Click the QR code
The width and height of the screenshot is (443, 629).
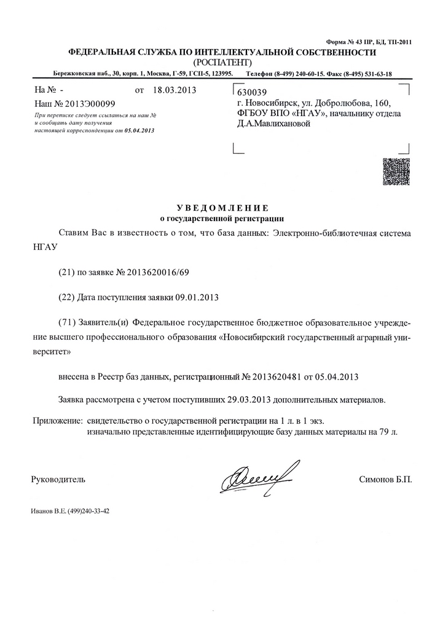(x=395, y=171)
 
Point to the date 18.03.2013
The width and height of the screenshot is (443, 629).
(x=174, y=90)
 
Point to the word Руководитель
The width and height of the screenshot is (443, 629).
(x=58, y=479)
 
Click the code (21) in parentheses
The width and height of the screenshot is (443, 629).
(x=66, y=271)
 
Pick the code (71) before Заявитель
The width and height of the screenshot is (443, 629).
(x=66, y=323)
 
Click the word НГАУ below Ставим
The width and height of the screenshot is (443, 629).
(x=44, y=246)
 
